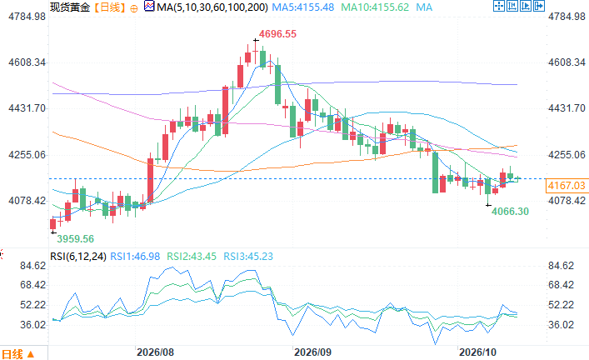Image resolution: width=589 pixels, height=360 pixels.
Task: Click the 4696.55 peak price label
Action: pyautogui.click(x=277, y=34)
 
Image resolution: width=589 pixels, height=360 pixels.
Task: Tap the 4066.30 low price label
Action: pyautogui.click(x=510, y=212)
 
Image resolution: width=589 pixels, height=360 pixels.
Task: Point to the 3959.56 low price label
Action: pyautogui.click(x=75, y=239)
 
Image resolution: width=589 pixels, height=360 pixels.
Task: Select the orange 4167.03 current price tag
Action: pyautogui.click(x=567, y=186)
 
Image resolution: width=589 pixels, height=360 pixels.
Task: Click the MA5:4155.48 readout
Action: pyautogui.click(x=302, y=7)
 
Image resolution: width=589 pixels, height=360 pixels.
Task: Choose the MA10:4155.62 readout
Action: pyautogui.click(x=375, y=7)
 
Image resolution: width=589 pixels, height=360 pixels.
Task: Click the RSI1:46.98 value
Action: pyautogui.click(x=135, y=257)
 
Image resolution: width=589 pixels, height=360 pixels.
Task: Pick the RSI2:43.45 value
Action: pyautogui.click(x=192, y=257)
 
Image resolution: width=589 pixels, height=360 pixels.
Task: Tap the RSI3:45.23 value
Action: pyautogui.click(x=248, y=257)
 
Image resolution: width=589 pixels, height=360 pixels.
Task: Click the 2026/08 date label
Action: pyautogui.click(x=155, y=352)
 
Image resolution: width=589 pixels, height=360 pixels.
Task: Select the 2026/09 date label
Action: pyautogui.click(x=312, y=352)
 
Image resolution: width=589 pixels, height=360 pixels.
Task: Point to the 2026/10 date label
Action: pyautogui.click(x=478, y=352)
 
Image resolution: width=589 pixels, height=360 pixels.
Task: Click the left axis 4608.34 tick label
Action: pyautogui.click(x=27, y=62)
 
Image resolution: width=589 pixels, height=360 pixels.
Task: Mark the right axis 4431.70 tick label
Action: pyautogui.click(x=567, y=108)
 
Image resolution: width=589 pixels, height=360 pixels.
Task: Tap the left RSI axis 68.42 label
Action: pyautogui.click(x=33, y=285)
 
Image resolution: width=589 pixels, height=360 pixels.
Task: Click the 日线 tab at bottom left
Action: pyautogui.click(x=18, y=354)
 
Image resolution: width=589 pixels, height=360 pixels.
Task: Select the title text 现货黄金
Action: pyautogui.click(x=70, y=7)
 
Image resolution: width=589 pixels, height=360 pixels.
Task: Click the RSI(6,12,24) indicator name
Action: pyautogui.click(x=78, y=257)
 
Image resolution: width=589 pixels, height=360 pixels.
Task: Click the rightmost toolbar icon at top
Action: pyautogui.click(x=539, y=6)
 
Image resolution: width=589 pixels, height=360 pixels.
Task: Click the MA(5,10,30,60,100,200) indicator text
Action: pyautogui.click(x=212, y=7)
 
